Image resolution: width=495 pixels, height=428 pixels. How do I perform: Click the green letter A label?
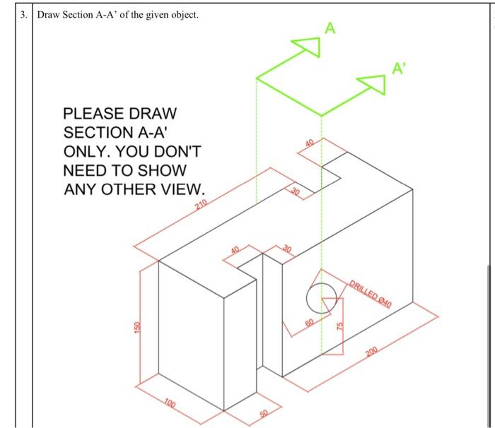330,28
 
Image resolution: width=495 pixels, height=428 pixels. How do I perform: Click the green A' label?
399,68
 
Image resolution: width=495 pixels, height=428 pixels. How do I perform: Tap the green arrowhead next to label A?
308,47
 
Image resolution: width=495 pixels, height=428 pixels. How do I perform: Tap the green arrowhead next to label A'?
373,84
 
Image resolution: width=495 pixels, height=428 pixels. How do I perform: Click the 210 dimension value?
201,204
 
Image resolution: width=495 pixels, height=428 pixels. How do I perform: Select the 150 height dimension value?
137,328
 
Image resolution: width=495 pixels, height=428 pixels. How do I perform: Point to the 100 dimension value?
170,404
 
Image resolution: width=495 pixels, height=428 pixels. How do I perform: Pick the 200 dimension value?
372,351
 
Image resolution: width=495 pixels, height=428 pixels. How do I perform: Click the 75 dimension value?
340,326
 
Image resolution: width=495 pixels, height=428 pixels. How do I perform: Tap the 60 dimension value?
310,323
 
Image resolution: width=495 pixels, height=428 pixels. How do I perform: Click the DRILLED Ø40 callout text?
371,294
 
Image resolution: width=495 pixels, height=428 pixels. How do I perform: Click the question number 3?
23,15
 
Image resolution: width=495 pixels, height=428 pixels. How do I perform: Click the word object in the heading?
185,15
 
